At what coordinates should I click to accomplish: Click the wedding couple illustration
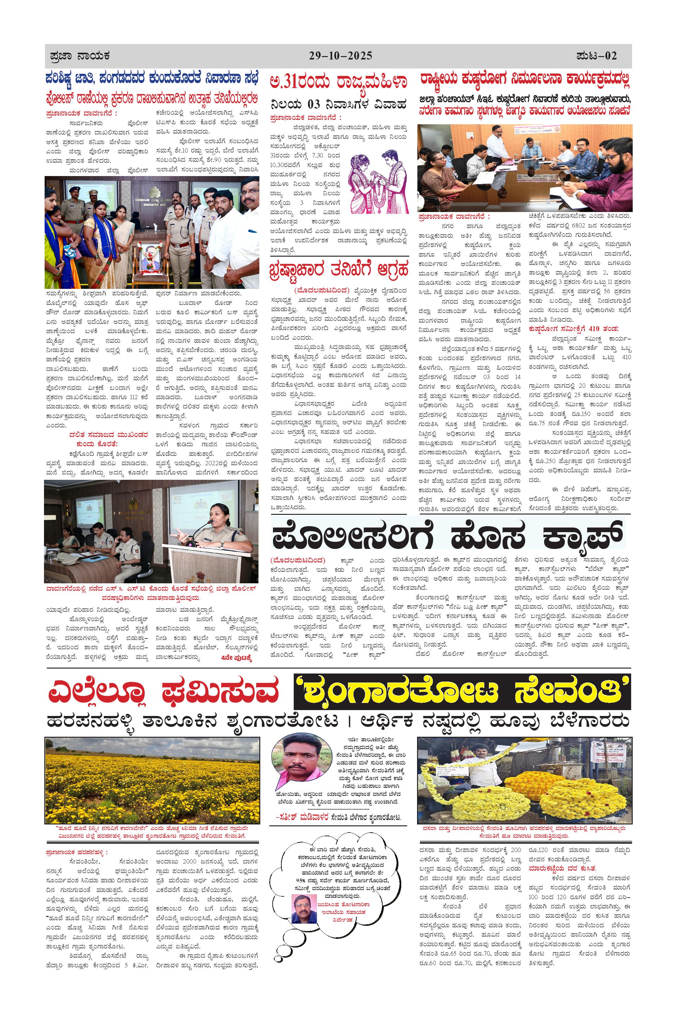tap(379, 181)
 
